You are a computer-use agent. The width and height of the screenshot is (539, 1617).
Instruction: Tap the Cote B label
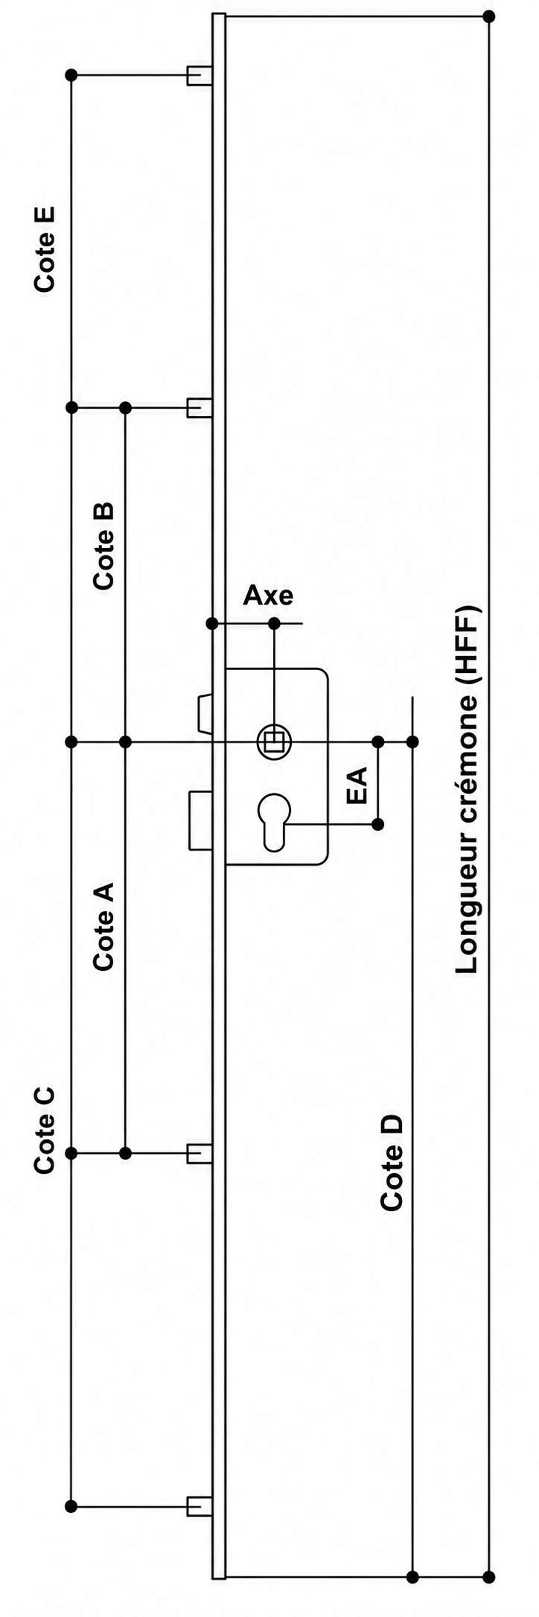[103, 546]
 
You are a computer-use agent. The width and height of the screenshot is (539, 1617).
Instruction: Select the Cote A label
[103, 926]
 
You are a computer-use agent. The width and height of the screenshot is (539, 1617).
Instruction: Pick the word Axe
[269, 595]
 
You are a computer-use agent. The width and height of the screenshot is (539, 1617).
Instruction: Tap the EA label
[357, 784]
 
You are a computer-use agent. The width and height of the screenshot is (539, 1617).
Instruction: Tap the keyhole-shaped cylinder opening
[274, 822]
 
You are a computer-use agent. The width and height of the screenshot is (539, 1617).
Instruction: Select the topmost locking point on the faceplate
[198, 75]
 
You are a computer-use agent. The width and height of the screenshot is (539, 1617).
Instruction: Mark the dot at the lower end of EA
[378, 824]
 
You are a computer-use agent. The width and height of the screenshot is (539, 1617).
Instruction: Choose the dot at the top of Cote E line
[71, 75]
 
